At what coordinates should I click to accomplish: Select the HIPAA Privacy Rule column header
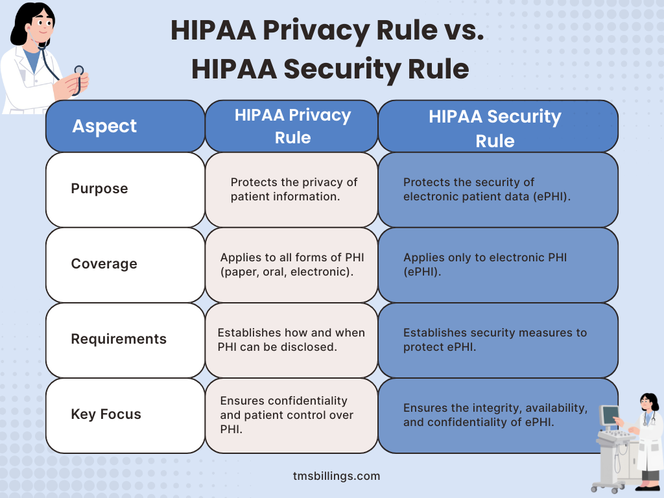tap(292, 126)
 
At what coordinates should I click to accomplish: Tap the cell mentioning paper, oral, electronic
tap(292, 264)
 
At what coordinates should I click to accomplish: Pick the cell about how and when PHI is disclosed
tap(292, 339)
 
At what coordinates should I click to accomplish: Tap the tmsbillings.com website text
tap(337, 476)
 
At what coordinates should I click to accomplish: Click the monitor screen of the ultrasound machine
tap(610, 416)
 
